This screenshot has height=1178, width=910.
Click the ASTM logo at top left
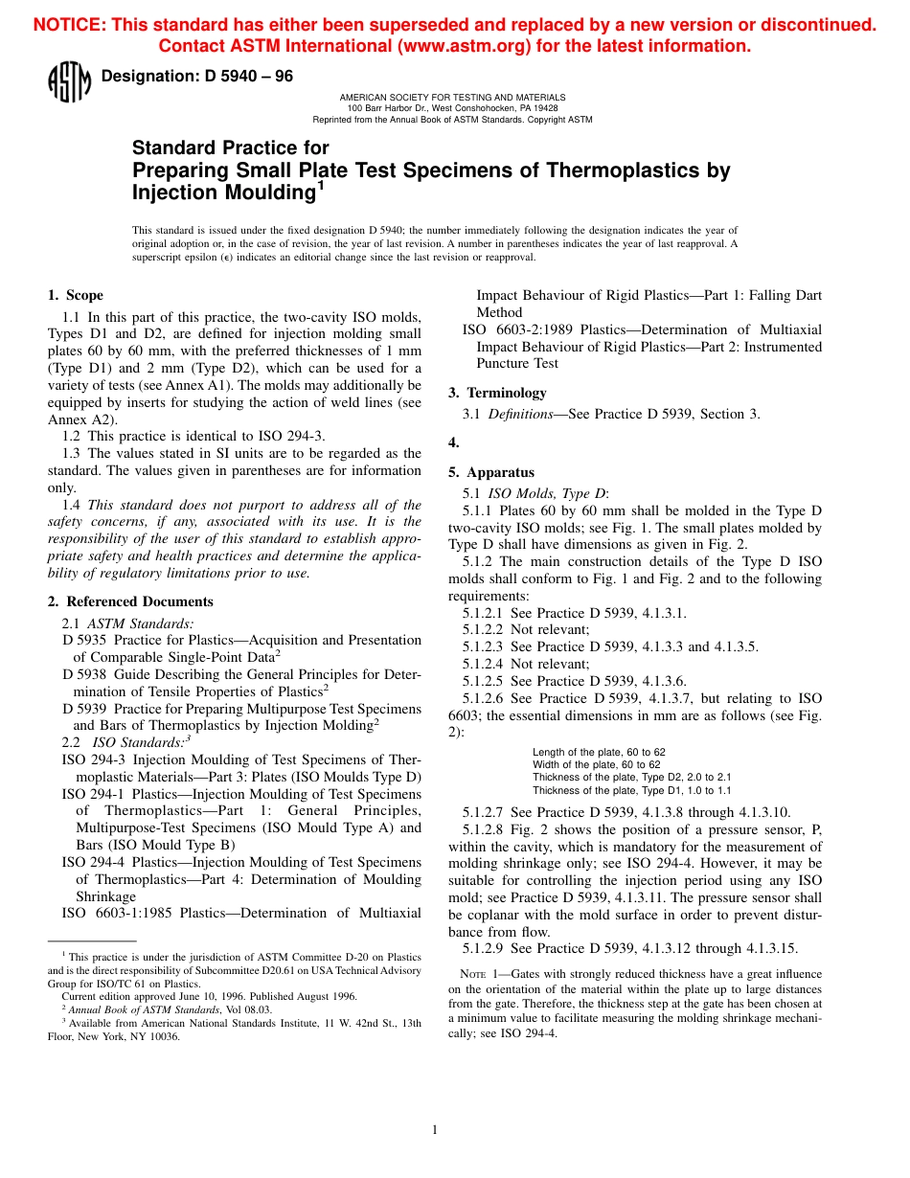pyautogui.click(x=68, y=83)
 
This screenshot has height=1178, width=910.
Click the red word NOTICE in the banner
pyautogui.click(x=69, y=26)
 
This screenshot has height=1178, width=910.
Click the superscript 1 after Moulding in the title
pyautogui.click(x=321, y=186)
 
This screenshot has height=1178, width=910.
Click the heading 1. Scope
pyautogui.click(x=76, y=295)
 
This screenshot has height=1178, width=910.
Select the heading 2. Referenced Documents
pyautogui.click(x=130, y=601)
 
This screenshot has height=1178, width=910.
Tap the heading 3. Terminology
pyautogui.click(x=497, y=393)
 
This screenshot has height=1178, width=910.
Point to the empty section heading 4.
pyautogui.click(x=454, y=442)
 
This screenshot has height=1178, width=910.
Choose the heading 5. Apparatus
pyautogui.click(x=491, y=472)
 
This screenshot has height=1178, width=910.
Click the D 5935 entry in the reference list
pyautogui.click(x=84, y=640)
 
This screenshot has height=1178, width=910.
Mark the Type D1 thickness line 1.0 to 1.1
pyautogui.click(x=631, y=790)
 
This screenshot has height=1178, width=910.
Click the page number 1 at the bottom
pyautogui.click(x=434, y=1130)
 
